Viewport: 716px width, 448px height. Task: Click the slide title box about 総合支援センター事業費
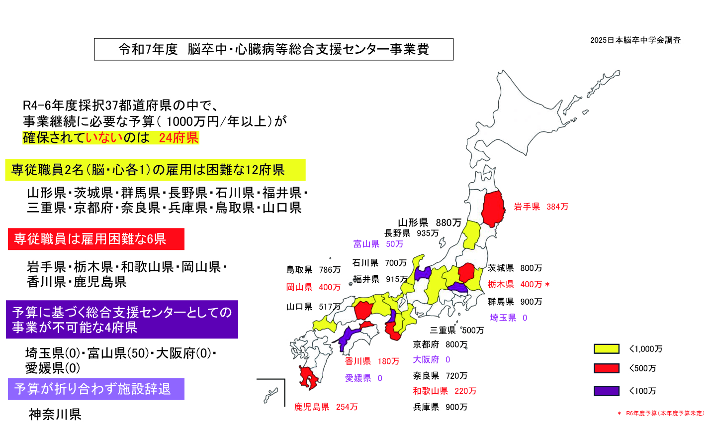(x=273, y=49)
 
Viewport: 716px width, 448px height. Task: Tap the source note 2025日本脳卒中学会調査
(x=635, y=40)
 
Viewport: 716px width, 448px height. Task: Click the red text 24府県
(x=179, y=138)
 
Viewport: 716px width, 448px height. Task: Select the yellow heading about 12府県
(x=155, y=170)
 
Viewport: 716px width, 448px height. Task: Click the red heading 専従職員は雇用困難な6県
(x=96, y=239)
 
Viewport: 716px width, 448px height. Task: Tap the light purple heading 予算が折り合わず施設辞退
(x=96, y=389)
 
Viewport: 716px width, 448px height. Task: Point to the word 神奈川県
(x=55, y=414)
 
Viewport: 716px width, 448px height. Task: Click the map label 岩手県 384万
(x=540, y=207)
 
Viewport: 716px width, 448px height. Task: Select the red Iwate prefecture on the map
(x=493, y=208)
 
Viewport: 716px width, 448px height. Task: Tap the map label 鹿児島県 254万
(x=326, y=407)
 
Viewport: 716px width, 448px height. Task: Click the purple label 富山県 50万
(x=378, y=244)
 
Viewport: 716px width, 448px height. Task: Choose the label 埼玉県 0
(x=508, y=318)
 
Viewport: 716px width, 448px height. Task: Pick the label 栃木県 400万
(x=518, y=284)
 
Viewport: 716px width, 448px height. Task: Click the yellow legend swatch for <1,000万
(x=606, y=348)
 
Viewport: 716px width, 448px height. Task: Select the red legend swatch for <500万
(x=606, y=368)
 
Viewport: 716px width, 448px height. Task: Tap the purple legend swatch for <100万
(x=606, y=391)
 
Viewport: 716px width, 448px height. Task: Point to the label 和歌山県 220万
(x=444, y=391)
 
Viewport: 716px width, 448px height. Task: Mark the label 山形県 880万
(x=430, y=223)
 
